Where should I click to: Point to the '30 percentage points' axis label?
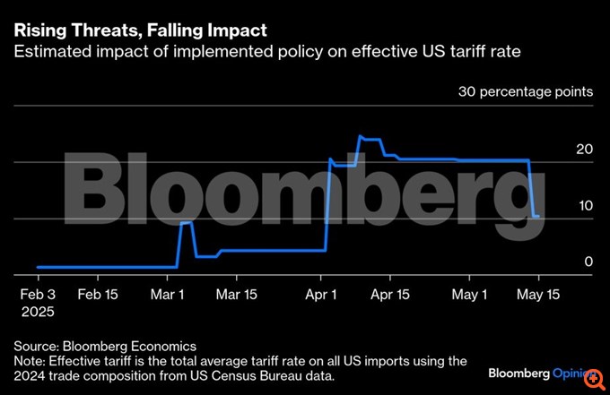tap(525, 91)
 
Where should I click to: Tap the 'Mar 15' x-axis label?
tap(238, 294)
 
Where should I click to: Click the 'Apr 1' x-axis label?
tap(321, 294)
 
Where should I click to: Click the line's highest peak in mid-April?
tap(361, 137)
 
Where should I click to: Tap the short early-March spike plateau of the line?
tap(187, 222)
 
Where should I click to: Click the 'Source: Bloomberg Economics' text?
tap(105, 345)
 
